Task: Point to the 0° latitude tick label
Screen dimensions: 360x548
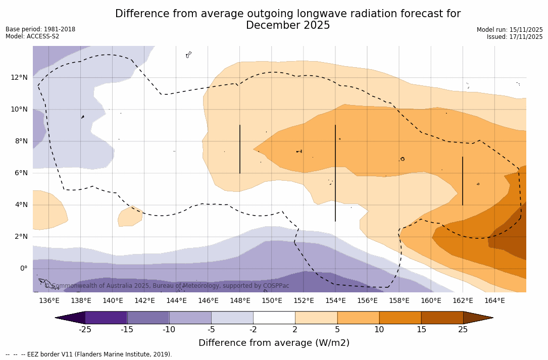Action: click(24, 269)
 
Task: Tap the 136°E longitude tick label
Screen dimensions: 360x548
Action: click(49, 301)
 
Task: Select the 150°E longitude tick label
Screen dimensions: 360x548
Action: click(272, 301)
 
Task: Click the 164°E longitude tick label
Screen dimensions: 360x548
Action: click(494, 301)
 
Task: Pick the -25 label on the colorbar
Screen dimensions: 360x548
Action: click(85, 330)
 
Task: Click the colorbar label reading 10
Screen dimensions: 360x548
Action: click(379, 330)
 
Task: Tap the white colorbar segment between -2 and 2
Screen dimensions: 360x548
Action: click(274, 318)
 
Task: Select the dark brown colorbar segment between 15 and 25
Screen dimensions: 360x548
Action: click(442, 318)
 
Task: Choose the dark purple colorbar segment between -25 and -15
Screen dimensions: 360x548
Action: click(106, 318)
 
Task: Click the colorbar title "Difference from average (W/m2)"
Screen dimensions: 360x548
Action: click(274, 343)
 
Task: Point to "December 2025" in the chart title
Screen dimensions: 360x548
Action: click(288, 25)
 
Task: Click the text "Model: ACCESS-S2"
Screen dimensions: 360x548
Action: click(32, 36)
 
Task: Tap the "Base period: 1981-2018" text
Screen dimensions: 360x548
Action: click(40, 29)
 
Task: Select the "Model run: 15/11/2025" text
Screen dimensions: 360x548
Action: click(510, 30)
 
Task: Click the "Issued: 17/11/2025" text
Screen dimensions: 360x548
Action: click(515, 37)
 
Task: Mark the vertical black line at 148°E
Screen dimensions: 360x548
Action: click(240, 149)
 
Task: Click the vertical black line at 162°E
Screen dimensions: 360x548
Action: click(463, 181)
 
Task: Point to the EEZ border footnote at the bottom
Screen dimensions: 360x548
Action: click(89, 354)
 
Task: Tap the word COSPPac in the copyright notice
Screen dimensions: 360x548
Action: click(276, 286)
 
